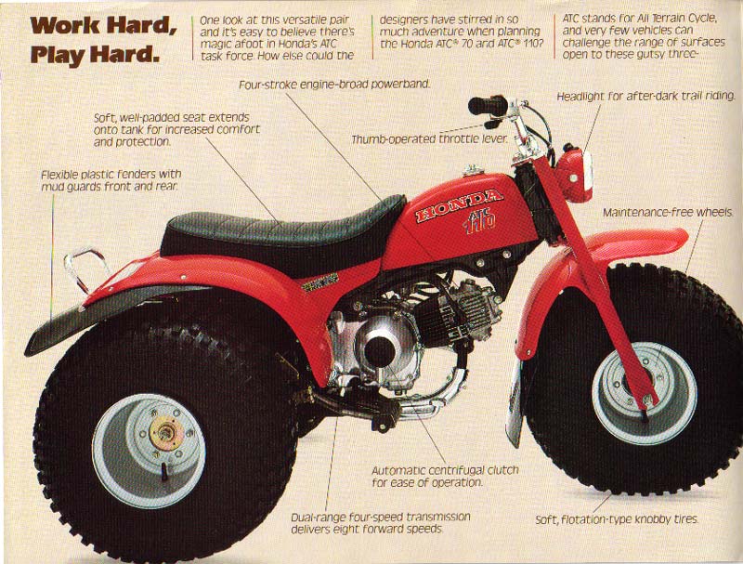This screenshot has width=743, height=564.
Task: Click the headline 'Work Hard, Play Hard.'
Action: (x=102, y=40)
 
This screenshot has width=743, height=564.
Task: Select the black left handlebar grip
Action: (x=487, y=105)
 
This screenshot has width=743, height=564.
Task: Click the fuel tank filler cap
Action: (x=473, y=170)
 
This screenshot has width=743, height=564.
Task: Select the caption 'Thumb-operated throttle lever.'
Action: (x=429, y=139)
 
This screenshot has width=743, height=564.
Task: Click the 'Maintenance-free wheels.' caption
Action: (x=668, y=213)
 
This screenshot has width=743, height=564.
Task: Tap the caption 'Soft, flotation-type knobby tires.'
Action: (x=617, y=519)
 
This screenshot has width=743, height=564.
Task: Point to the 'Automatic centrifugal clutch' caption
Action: (x=445, y=471)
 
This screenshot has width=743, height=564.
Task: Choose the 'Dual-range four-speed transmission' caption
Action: (x=381, y=517)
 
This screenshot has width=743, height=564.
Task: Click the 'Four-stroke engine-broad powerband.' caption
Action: (x=334, y=85)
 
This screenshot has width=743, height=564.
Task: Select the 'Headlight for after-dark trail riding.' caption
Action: (x=645, y=97)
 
